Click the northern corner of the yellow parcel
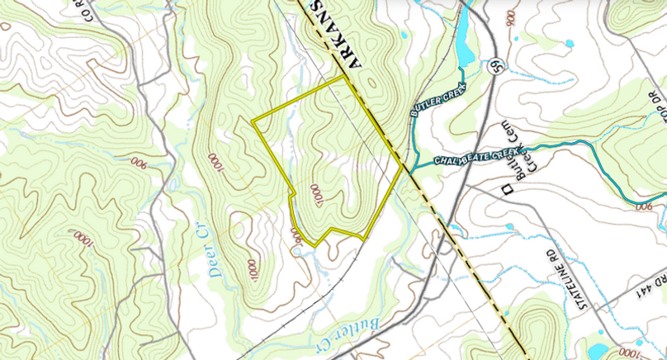tap(343, 77)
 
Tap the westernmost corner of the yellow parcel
tap(253, 122)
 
